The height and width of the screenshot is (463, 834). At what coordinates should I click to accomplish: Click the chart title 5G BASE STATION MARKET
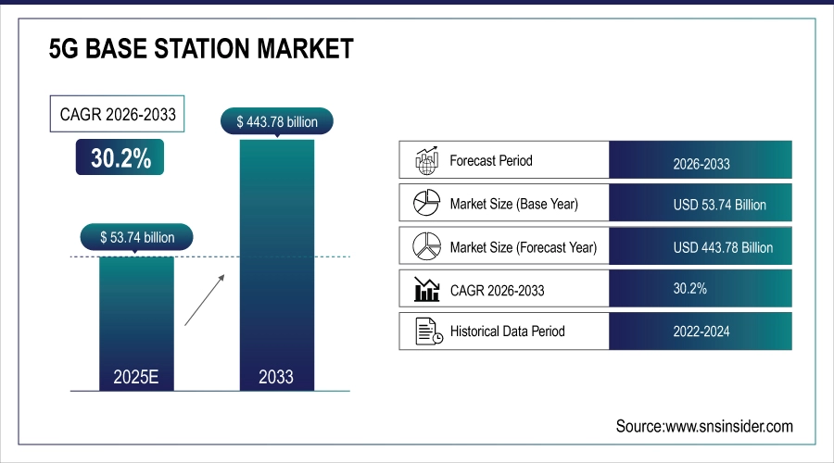[201, 49]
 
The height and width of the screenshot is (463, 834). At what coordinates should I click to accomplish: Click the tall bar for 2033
[276, 259]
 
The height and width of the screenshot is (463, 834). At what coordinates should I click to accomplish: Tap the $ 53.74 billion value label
[137, 238]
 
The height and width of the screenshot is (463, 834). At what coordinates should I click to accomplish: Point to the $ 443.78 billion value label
[276, 121]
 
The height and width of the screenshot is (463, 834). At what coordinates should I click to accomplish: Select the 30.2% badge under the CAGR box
[120, 158]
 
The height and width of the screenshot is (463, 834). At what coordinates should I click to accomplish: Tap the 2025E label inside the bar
[136, 377]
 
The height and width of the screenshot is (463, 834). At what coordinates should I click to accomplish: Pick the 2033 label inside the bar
[276, 377]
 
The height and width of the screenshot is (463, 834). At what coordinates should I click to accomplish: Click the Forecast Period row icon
[425, 160]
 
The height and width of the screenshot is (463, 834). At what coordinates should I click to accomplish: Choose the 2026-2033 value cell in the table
[701, 163]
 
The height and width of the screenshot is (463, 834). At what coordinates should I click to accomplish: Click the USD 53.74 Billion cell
[701, 205]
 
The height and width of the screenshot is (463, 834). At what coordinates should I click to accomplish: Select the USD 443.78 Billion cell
[701, 247]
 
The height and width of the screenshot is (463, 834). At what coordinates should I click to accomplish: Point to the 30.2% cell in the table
[701, 289]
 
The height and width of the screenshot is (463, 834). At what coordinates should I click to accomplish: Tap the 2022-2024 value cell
[701, 332]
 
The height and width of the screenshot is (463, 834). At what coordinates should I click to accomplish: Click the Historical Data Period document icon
[426, 332]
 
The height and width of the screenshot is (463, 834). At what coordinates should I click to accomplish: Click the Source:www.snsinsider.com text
[704, 426]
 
